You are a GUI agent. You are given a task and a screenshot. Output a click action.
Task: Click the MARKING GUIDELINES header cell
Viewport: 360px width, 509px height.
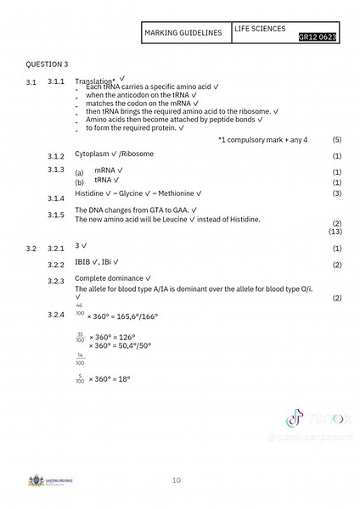pyautogui.click(x=183, y=32)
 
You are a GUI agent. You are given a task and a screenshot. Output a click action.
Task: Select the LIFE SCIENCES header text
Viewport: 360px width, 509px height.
pyautogui.click(x=262, y=28)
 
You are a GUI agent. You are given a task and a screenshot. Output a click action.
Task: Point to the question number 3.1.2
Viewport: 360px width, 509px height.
pyautogui.click(x=57, y=157)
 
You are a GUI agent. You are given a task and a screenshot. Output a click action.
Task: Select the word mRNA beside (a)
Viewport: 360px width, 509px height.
pyautogui.click(x=105, y=171)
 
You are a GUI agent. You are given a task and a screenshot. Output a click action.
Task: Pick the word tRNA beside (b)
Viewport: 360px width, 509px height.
pyautogui.click(x=104, y=181)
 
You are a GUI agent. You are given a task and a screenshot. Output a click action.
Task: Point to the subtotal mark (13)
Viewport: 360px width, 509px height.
pyautogui.click(x=335, y=231)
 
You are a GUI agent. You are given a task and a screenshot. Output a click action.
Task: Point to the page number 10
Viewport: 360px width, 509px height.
pyautogui.click(x=176, y=481)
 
